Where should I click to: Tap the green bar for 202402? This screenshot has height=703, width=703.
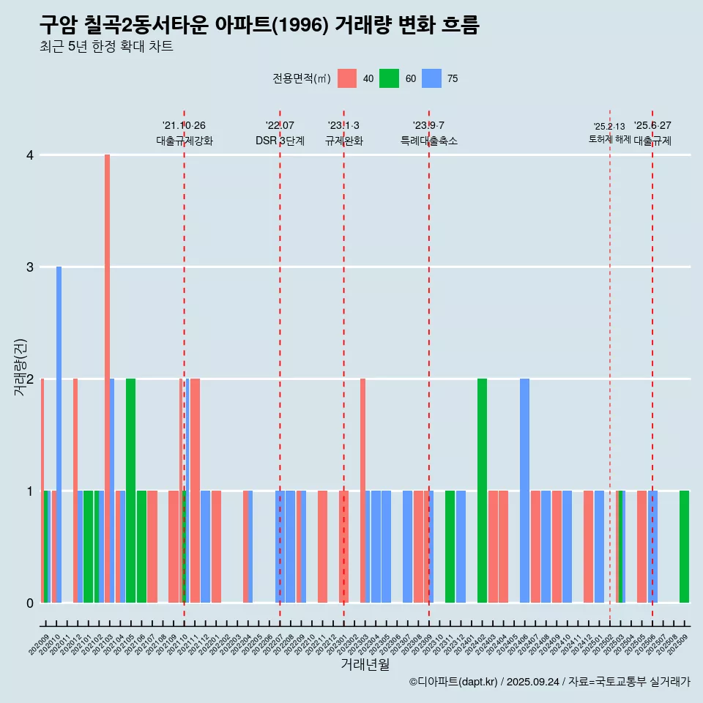click(x=482, y=491)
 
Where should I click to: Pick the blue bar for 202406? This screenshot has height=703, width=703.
click(x=524, y=491)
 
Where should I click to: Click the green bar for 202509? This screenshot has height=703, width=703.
click(x=684, y=546)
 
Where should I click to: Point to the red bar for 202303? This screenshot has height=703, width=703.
click(x=362, y=491)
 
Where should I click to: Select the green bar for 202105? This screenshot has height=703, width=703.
click(x=130, y=491)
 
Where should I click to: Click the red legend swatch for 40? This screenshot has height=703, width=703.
click(x=347, y=78)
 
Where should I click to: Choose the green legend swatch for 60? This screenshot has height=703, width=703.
click(x=389, y=78)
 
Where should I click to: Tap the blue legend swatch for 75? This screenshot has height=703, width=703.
click(x=432, y=78)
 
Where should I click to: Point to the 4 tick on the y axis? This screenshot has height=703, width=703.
click(x=30, y=155)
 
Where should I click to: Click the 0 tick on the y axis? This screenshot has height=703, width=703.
click(x=30, y=603)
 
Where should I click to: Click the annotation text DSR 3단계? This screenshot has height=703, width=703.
click(x=280, y=141)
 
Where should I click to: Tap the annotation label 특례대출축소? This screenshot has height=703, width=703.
click(x=428, y=141)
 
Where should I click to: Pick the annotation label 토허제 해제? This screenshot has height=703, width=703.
click(x=609, y=139)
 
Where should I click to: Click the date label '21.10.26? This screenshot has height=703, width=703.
click(x=184, y=125)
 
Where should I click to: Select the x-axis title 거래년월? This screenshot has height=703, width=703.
click(x=365, y=665)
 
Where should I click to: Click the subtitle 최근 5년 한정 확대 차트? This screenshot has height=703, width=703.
click(x=106, y=47)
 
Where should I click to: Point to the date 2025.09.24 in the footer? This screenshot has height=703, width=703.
click(x=532, y=682)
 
